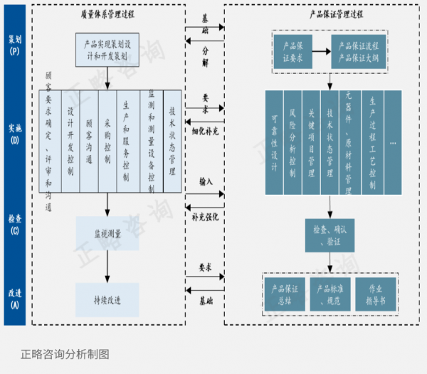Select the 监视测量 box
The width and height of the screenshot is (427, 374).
coord(107,233)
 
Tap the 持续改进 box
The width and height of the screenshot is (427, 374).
coord(107,299)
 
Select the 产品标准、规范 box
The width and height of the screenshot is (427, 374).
coord(330,294)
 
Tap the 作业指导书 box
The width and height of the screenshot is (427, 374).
coord(375,294)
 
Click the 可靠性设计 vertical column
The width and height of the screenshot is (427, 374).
coord(274,142)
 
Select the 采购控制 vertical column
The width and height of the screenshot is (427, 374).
coord(107,142)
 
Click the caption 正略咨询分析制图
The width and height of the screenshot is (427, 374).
coord(65,353)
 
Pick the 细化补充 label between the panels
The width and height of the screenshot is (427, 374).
coord(206,131)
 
